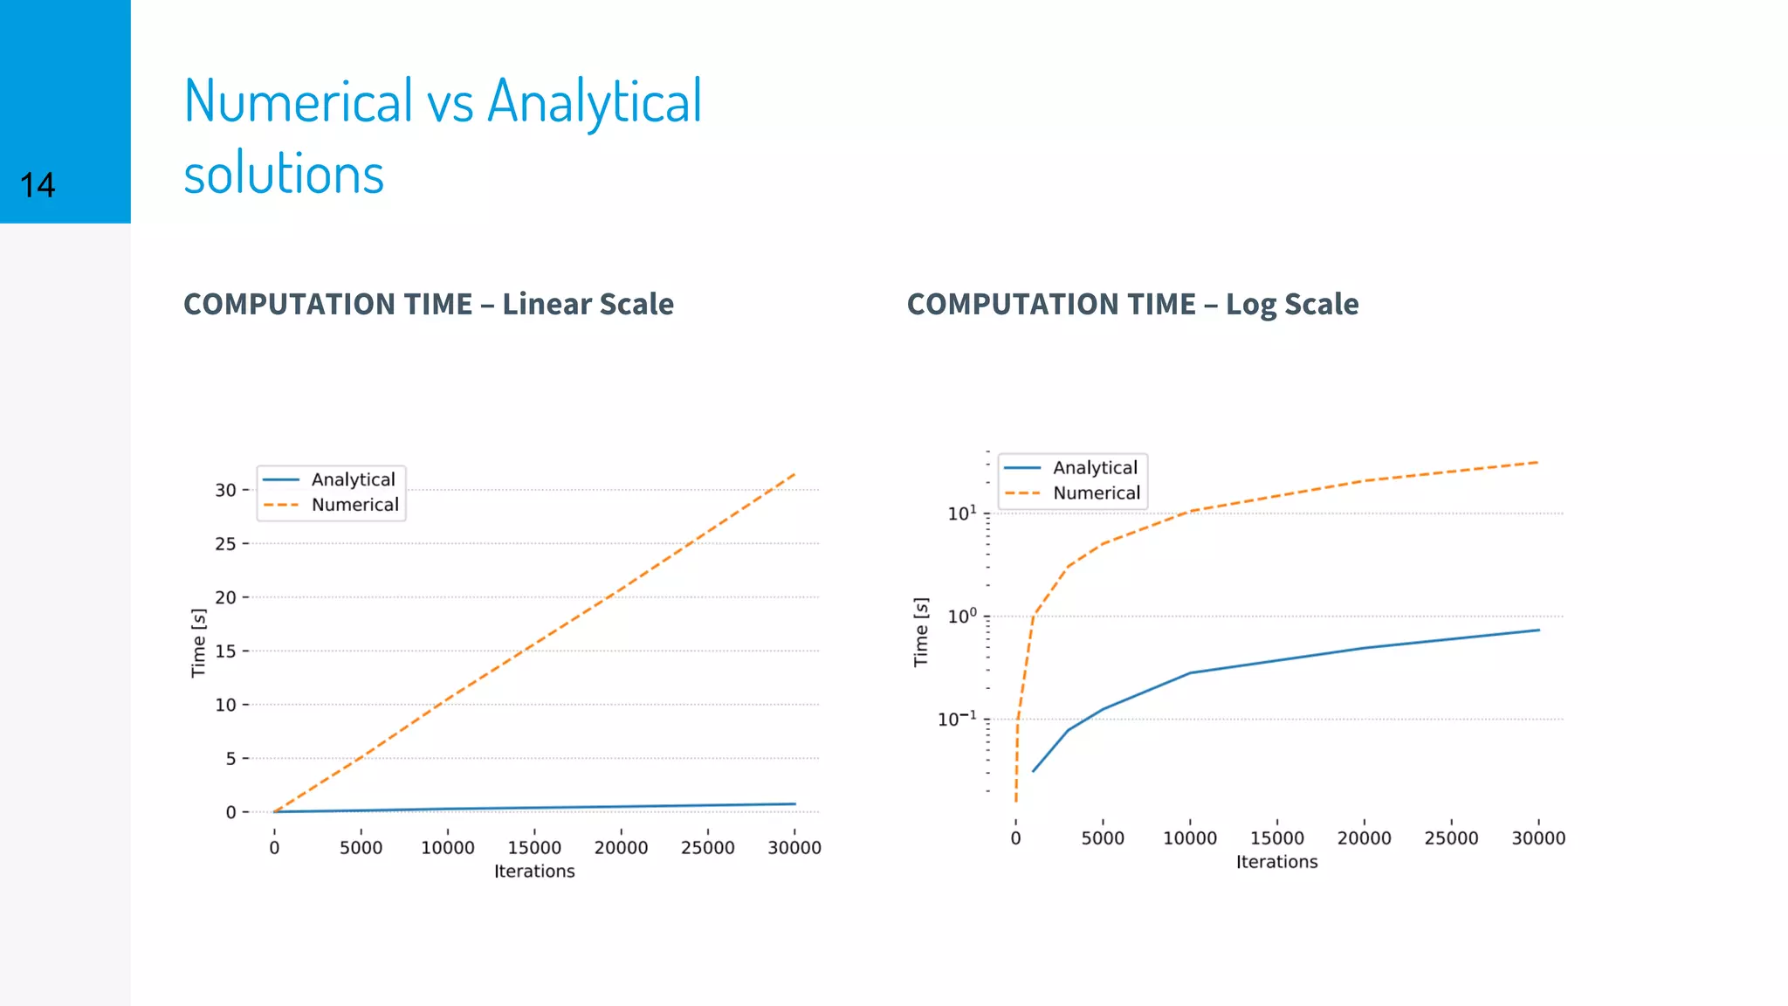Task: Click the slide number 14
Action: point(38,185)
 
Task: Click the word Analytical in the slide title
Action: point(594,102)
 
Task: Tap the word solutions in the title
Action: point(284,174)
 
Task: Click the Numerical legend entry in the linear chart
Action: point(354,505)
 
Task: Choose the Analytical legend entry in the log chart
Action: point(1095,468)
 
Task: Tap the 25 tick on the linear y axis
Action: point(225,544)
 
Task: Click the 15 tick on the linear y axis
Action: point(225,651)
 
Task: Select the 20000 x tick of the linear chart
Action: point(621,848)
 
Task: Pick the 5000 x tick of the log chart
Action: point(1103,838)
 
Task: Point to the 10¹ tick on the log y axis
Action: point(962,513)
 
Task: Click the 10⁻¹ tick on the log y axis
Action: point(957,720)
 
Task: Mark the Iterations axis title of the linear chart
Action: point(534,872)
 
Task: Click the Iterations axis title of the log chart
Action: point(1276,862)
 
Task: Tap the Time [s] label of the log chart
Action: point(921,632)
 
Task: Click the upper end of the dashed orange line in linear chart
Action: point(794,474)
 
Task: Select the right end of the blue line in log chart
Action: point(1538,630)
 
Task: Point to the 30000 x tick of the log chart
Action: point(1538,838)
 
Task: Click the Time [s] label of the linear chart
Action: point(199,644)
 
